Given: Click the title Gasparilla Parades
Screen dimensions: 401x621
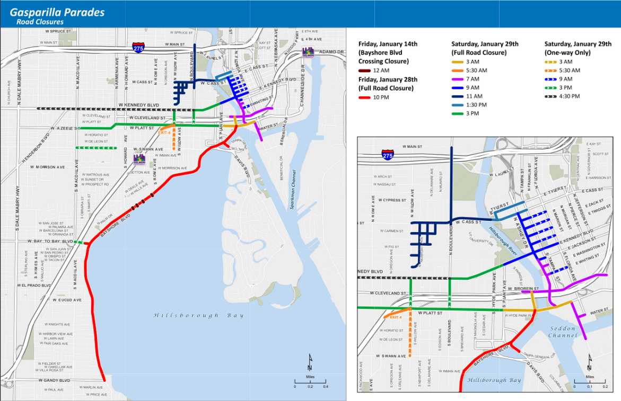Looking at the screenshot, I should (x=57, y=12).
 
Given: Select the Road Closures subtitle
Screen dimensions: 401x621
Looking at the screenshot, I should (x=40, y=22).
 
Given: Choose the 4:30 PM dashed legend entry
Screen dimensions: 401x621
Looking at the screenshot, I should (x=552, y=96).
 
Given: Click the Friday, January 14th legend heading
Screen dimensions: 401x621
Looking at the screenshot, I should (x=388, y=44).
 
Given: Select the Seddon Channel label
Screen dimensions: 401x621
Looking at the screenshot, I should (x=562, y=332).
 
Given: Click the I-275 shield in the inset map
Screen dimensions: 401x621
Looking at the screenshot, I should (x=388, y=155).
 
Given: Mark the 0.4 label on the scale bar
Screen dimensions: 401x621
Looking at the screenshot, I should (x=326, y=387).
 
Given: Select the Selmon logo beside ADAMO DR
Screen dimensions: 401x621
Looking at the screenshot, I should (x=308, y=52).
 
